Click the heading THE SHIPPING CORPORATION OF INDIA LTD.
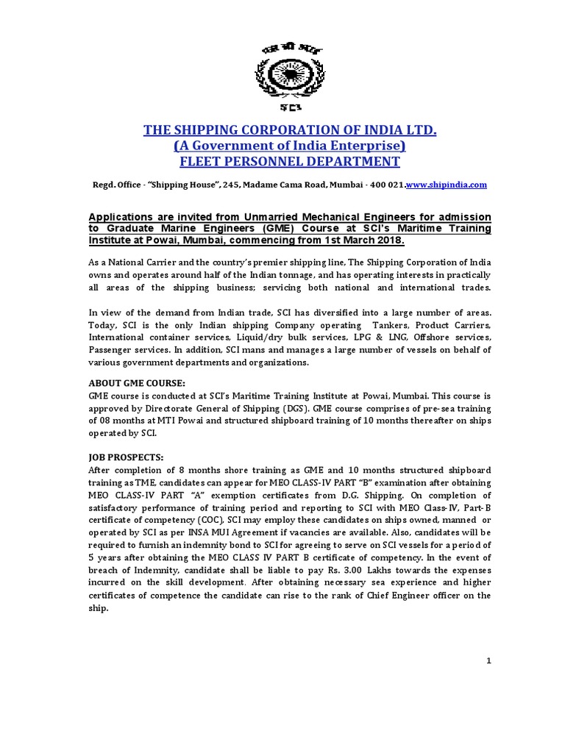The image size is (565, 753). tap(290, 131)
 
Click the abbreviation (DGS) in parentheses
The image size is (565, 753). tap(271, 408)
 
